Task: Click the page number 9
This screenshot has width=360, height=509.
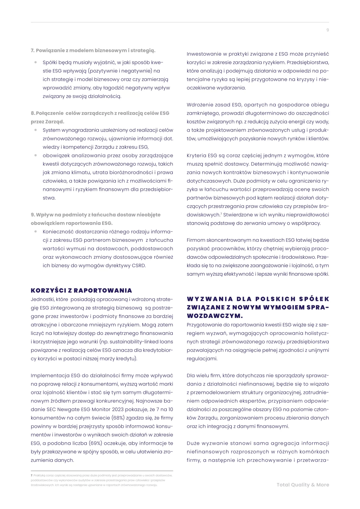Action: click(x=328, y=30)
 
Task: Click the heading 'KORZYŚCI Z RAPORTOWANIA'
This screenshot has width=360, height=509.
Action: click(x=81, y=291)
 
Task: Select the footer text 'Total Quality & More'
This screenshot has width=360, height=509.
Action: click(x=303, y=485)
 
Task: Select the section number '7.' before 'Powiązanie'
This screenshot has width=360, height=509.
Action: click(x=33, y=50)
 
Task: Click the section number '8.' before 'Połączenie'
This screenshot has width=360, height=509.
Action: click(x=33, y=113)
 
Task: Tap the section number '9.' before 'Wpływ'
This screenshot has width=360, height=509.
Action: click(x=33, y=215)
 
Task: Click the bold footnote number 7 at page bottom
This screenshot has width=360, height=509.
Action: click(x=32, y=475)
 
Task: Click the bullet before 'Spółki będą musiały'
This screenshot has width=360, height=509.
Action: click(x=36, y=63)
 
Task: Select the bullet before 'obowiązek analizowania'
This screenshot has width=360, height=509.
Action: click(x=36, y=156)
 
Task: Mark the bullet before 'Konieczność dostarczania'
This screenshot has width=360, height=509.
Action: click(x=36, y=232)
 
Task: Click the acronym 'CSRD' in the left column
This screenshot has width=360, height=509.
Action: click(x=139, y=266)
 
